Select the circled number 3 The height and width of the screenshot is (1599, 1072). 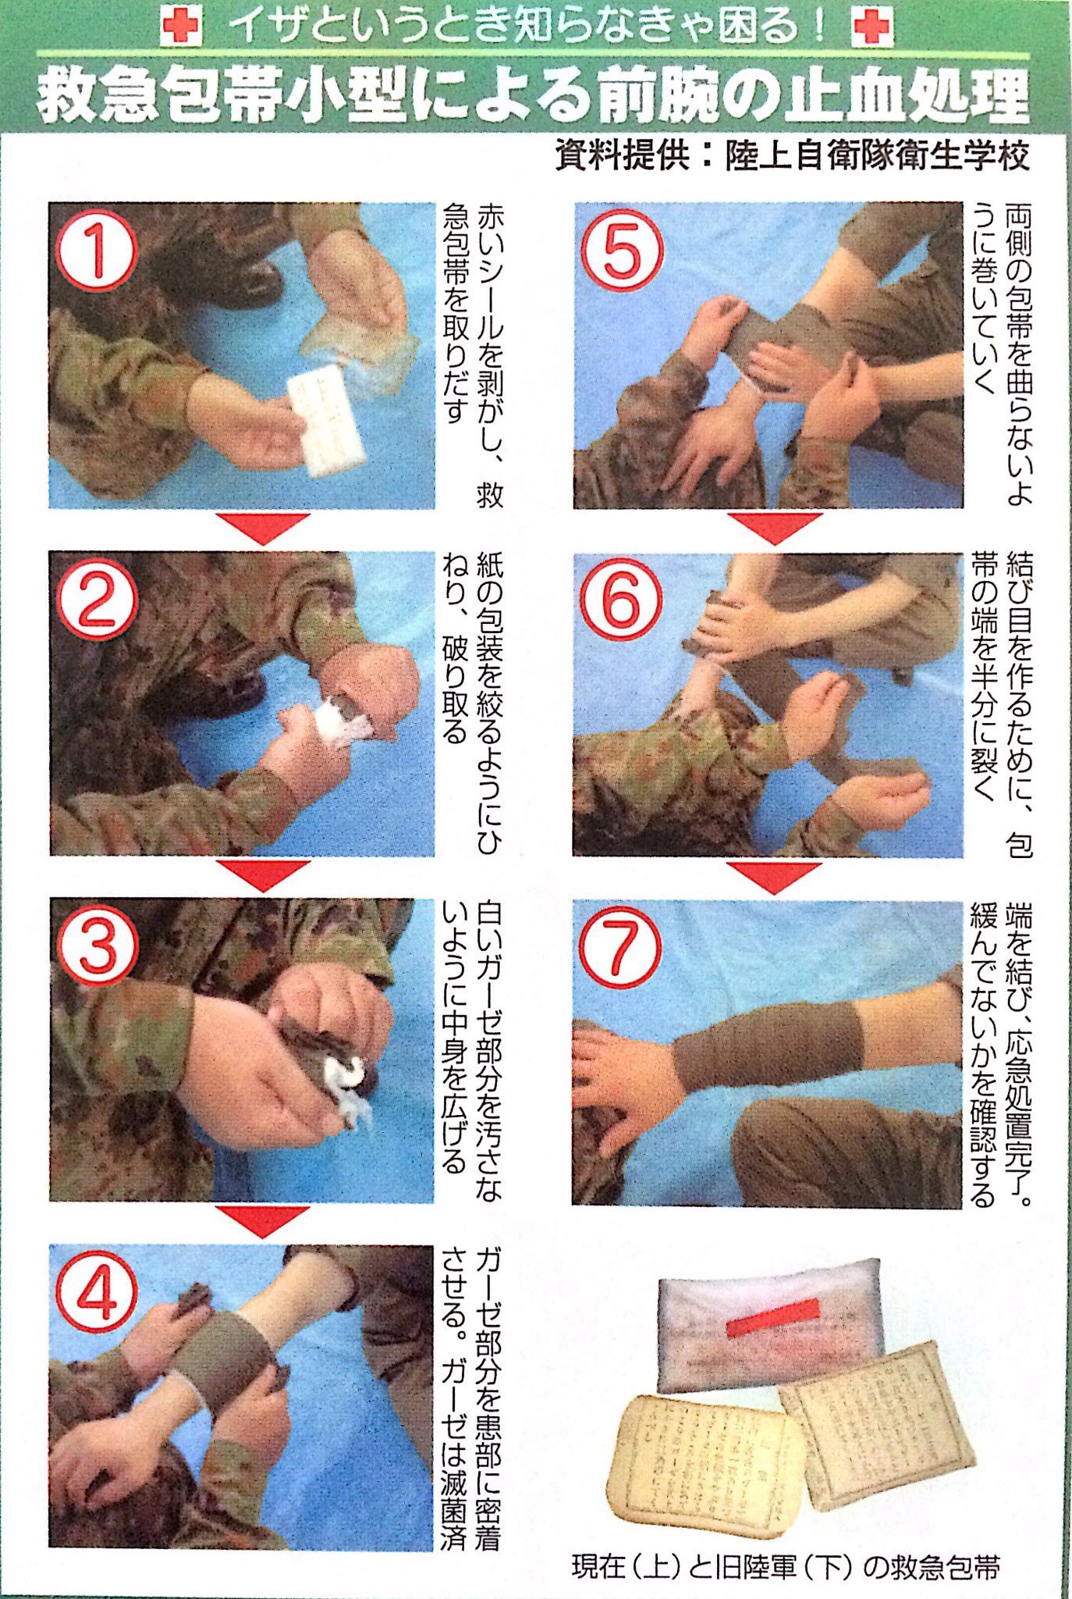(97, 946)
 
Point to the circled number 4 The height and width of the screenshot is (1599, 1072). (97, 1293)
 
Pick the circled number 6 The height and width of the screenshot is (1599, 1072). (621, 601)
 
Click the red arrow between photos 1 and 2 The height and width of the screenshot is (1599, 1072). (263, 528)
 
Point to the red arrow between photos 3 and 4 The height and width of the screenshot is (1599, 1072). (263, 1220)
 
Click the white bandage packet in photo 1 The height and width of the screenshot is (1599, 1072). (327, 419)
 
